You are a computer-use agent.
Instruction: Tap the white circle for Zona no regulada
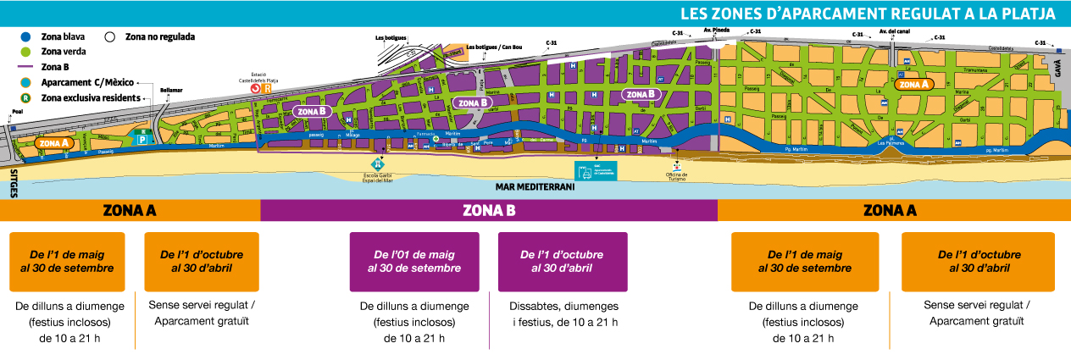coord(110,37)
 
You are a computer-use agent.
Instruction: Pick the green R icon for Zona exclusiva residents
coord(27,98)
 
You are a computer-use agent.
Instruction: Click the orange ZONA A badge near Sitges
coord(53,143)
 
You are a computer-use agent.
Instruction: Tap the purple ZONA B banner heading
coord(489,210)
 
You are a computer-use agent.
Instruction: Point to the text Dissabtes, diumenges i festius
coord(563,313)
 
